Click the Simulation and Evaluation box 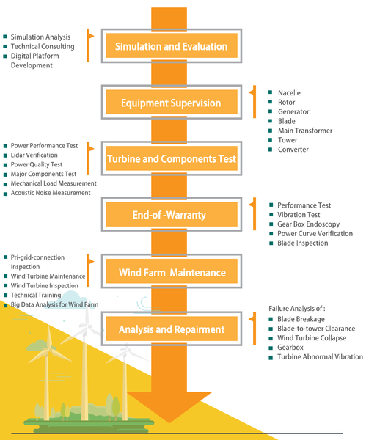click(171, 47)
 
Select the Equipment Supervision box click(171, 103)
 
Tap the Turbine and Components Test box click(171, 158)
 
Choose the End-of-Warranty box click(171, 216)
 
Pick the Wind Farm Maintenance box click(171, 273)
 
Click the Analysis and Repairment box click(171, 329)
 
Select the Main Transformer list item click(304, 131)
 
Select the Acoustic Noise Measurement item click(51, 193)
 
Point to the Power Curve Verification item click(315, 234)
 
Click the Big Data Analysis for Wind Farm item click(54, 304)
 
